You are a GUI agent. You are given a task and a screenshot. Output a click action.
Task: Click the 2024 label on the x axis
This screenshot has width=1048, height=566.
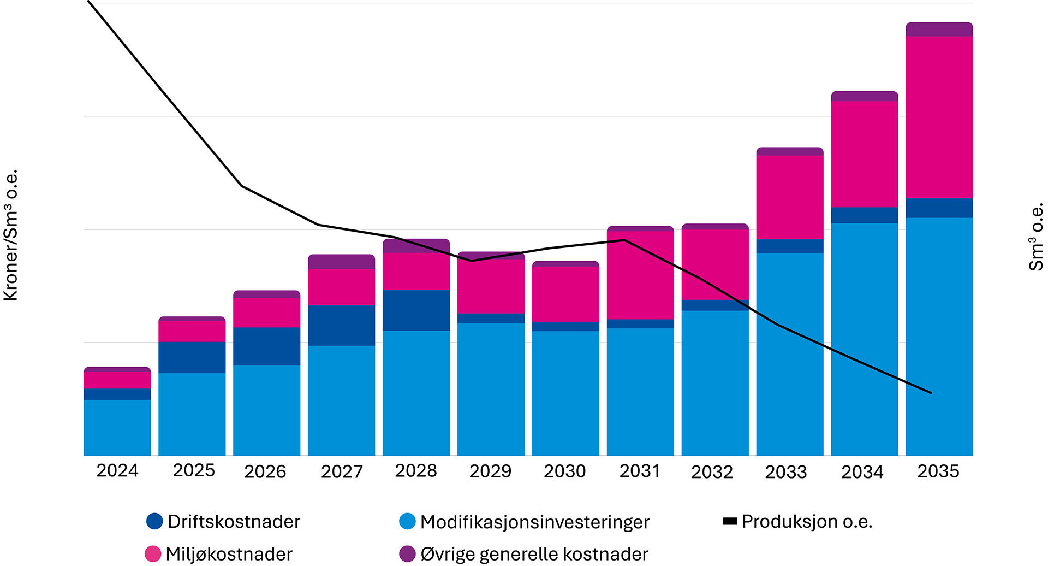tap(117, 471)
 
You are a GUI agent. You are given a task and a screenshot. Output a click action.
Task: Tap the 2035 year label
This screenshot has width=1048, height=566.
tap(938, 471)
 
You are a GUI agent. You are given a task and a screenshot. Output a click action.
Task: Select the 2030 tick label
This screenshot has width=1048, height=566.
tap(564, 471)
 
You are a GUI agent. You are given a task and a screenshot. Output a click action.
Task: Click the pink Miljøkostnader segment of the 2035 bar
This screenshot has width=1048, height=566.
tap(939, 117)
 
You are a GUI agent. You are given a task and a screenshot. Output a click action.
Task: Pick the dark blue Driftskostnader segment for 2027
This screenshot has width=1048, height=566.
tap(341, 325)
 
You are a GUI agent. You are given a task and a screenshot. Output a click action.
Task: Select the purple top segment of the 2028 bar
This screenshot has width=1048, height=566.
tap(416, 246)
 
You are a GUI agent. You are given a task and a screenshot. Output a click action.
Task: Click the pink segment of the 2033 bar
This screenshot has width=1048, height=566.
tap(789, 197)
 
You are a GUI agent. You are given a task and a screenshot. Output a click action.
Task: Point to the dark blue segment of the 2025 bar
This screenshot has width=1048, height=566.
tap(192, 357)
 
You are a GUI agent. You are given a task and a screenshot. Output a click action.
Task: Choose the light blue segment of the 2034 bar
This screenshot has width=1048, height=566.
tap(864, 339)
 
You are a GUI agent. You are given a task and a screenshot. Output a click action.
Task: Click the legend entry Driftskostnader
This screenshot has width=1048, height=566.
tap(234, 522)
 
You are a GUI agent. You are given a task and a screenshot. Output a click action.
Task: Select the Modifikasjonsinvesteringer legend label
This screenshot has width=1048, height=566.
tap(534, 522)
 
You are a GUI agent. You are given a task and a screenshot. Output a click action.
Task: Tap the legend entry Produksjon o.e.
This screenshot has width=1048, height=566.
tap(807, 522)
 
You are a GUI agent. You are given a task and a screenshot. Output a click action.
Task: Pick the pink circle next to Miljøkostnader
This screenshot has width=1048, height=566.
tap(153, 553)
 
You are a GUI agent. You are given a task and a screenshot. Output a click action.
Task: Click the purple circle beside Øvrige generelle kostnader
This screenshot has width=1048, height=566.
tap(407, 553)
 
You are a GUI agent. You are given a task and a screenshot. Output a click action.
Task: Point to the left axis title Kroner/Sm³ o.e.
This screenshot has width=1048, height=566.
tap(11, 235)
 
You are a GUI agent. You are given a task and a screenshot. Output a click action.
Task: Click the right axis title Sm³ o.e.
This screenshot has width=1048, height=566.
tap(1035, 237)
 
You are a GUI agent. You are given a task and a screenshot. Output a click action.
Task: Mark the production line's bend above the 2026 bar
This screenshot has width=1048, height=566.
tap(242, 186)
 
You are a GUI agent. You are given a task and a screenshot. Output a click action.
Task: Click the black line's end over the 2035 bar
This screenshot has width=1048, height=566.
tap(931, 393)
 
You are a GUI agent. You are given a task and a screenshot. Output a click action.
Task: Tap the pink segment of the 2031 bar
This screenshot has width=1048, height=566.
tap(640, 275)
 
